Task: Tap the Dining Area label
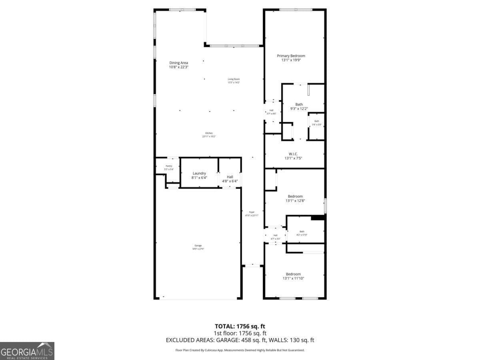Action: pos(178,63)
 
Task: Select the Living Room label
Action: pos(234,79)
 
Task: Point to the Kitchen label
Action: pos(209,133)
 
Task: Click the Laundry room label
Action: pos(199,173)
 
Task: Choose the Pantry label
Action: pos(169,166)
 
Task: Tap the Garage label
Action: pos(198,246)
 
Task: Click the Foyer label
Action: pos(252,212)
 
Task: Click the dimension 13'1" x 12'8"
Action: pos(295,201)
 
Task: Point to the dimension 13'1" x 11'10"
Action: pos(293,278)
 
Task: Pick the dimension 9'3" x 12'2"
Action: pos(299,108)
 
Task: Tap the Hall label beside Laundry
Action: pos(230,177)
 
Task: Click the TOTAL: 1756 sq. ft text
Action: pos(240,326)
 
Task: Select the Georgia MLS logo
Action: pos(27,351)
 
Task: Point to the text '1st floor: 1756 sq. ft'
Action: pos(240,333)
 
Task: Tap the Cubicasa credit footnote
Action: pos(240,350)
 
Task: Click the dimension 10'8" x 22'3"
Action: pos(178,67)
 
